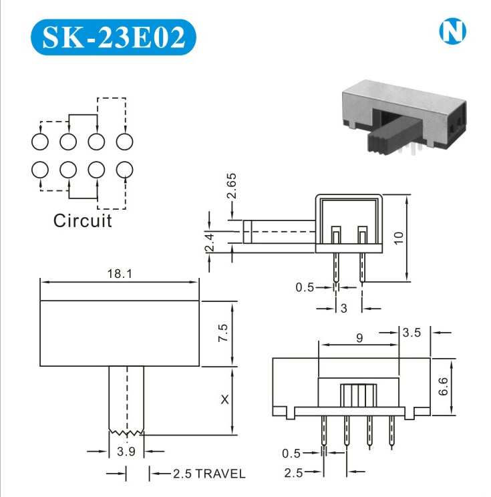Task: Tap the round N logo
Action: [x=452, y=32]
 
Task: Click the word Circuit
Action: [x=83, y=220]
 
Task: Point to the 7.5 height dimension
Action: [x=223, y=333]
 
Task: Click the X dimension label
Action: [x=224, y=399]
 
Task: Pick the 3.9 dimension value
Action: [x=126, y=452]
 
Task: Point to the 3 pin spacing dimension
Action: [x=343, y=308]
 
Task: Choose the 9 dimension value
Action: [x=359, y=338]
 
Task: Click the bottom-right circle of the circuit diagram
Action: [x=124, y=170]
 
